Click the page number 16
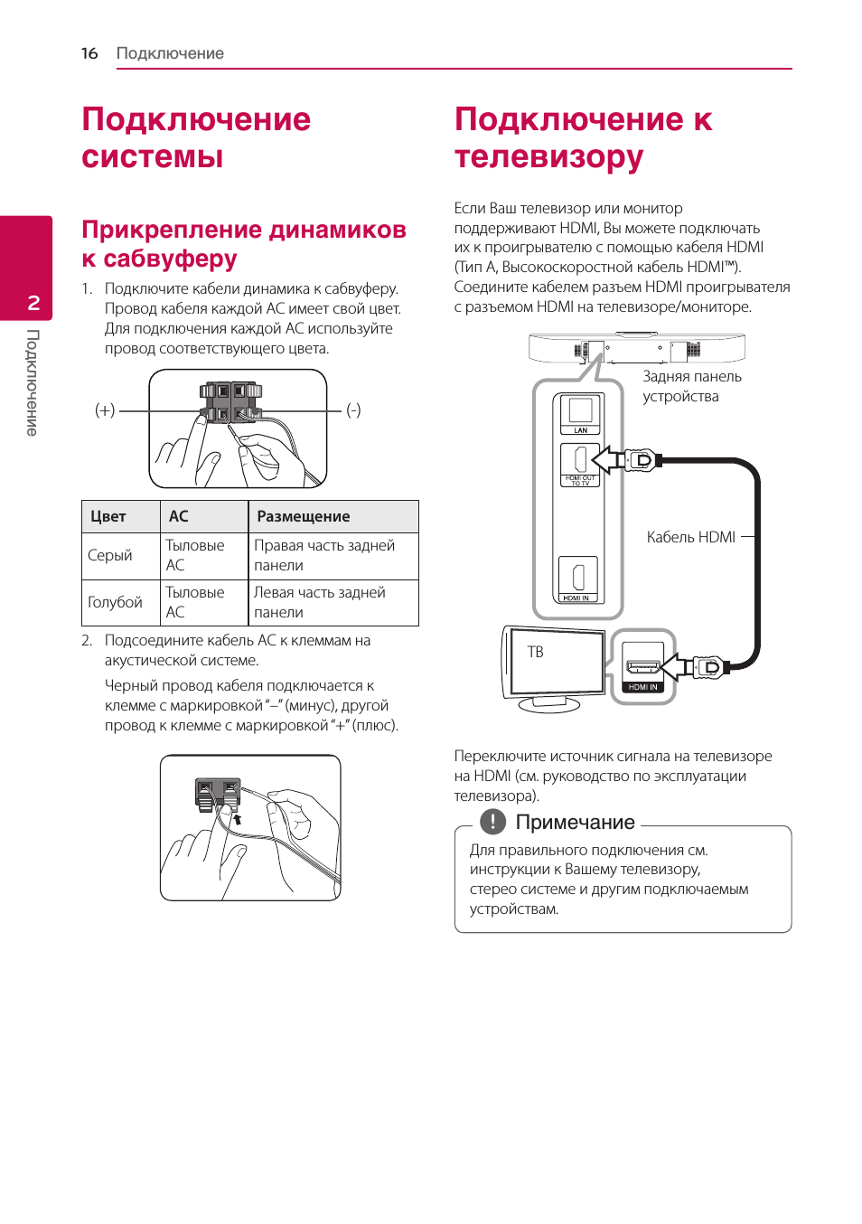coord(89,53)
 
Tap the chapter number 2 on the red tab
coord(33,303)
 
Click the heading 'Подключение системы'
coord(196,137)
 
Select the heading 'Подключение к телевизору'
coord(583,137)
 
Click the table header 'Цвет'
coord(108,516)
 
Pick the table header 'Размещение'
coord(303,516)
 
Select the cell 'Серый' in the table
coord(109,555)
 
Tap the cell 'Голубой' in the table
coord(115,602)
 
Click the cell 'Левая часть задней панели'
coord(319,602)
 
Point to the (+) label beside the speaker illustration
coord(105,410)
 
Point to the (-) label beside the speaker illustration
coord(353,410)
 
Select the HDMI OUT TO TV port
coord(580,460)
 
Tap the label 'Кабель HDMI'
coord(690,537)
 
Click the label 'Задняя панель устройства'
coord(691,386)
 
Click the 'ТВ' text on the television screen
coord(535,652)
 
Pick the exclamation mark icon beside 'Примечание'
coord(492,822)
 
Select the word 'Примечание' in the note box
coord(575,823)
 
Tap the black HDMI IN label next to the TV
coord(642,687)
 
